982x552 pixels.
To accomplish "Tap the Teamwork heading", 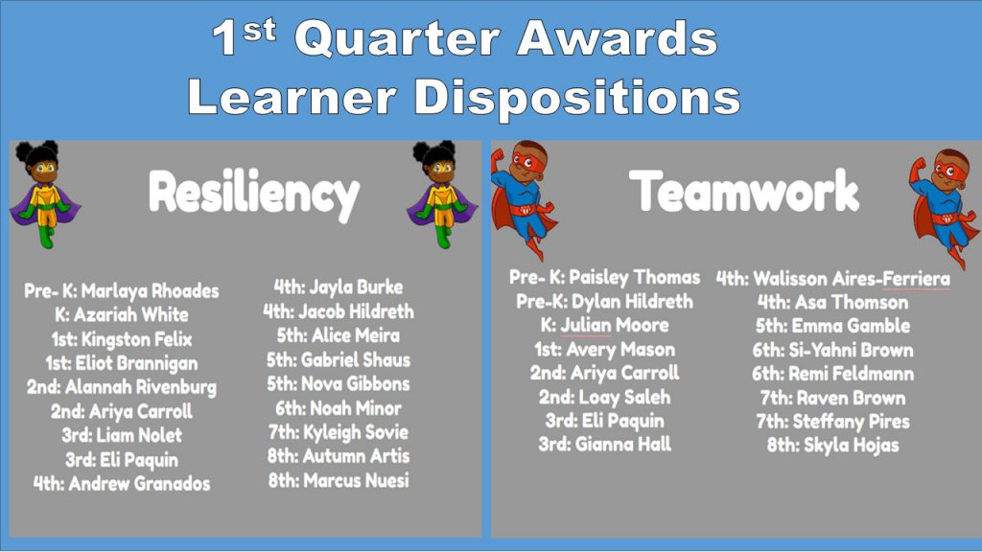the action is click(x=744, y=191).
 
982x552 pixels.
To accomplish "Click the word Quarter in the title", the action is click(x=397, y=38).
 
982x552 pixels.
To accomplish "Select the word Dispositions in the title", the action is click(x=576, y=98).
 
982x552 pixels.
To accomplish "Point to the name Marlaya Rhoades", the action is click(x=151, y=291).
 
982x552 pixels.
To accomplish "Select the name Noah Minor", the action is click(x=356, y=408).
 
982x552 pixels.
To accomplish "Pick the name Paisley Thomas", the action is click(x=635, y=277).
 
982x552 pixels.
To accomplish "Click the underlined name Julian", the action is click(x=586, y=326).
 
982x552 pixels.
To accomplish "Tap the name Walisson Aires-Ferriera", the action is click(x=852, y=279).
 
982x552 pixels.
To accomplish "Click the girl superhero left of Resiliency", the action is click(x=44, y=194).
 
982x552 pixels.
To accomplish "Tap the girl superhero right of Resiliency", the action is click(x=441, y=194).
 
